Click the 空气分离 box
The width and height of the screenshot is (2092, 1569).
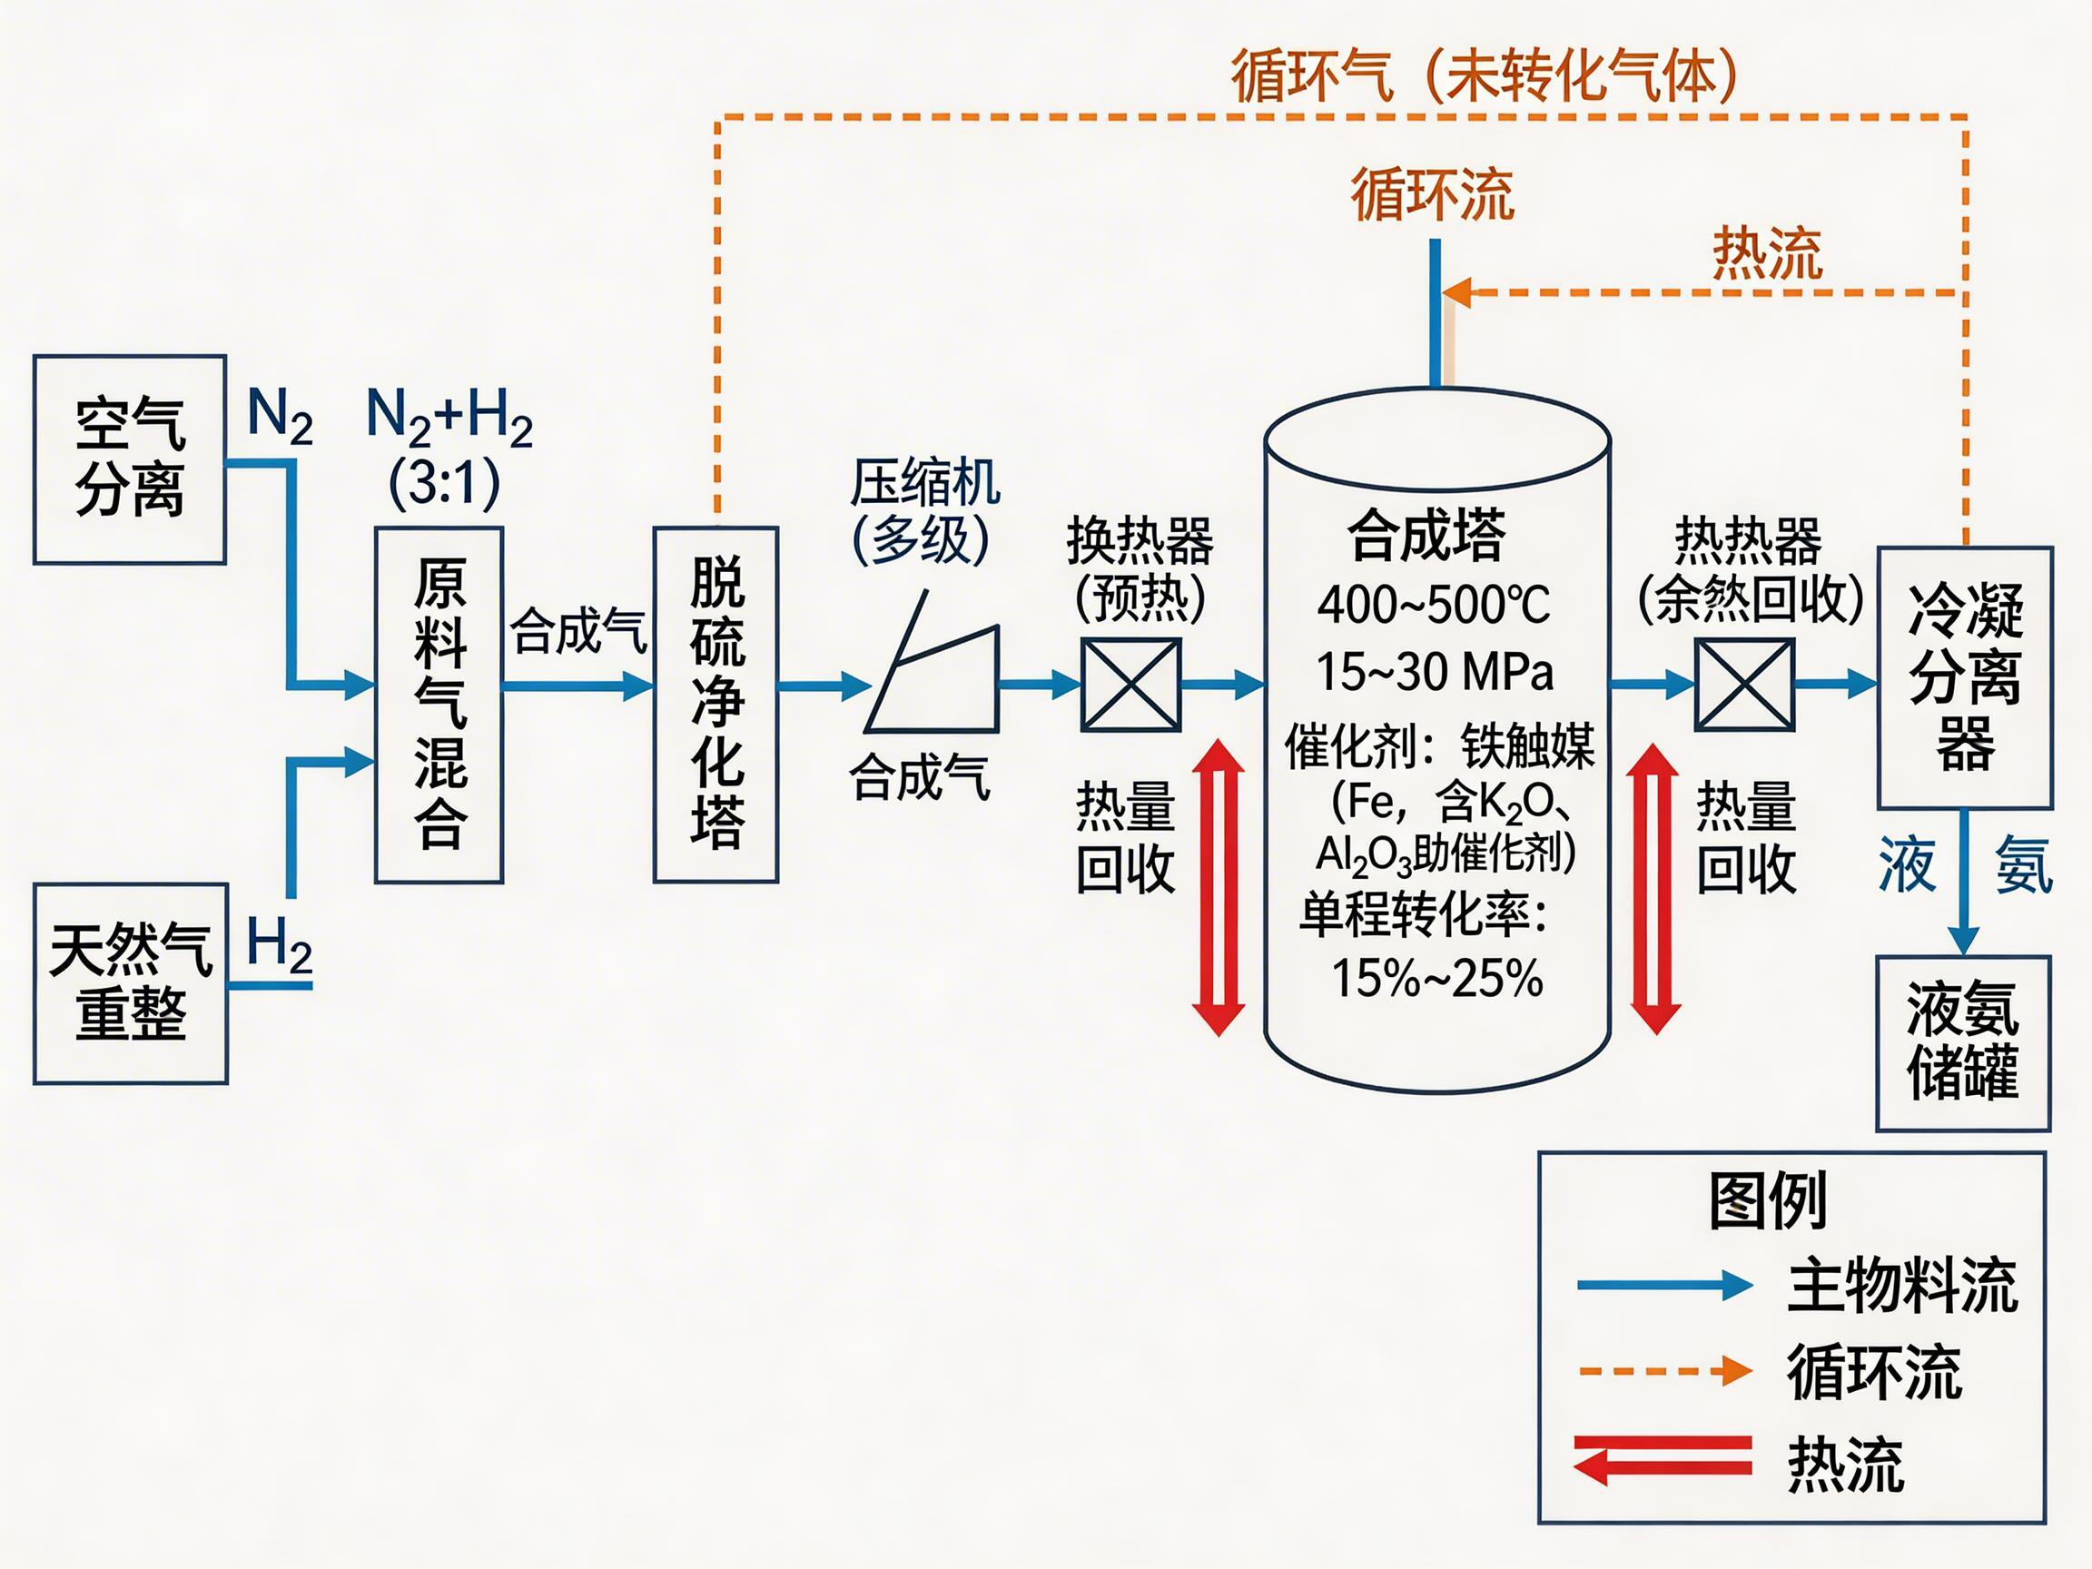pos(130,459)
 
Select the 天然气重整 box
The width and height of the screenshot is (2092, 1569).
pos(131,983)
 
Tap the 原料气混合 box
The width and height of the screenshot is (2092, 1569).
pos(439,705)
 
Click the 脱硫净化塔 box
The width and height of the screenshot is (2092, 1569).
pos(715,705)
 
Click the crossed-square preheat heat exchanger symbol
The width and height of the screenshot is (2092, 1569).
pos(1131,685)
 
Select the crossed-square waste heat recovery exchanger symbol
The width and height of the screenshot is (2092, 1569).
pos(1744,685)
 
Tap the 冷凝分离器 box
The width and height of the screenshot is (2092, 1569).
pos(1964,677)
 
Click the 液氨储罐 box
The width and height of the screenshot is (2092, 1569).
pos(1962,1042)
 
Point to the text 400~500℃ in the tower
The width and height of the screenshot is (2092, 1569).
pos(1434,605)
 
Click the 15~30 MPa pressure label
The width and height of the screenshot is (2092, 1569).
pos(1434,673)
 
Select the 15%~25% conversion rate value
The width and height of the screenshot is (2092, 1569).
pos(1436,978)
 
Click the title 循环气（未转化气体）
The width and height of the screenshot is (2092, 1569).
pos(1484,75)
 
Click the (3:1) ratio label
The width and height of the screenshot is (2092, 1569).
pos(445,484)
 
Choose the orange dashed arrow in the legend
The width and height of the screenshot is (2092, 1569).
pos(1664,1370)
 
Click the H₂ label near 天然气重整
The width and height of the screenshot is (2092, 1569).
pos(279,945)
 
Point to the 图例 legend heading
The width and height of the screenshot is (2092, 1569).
pos(1767,1201)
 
